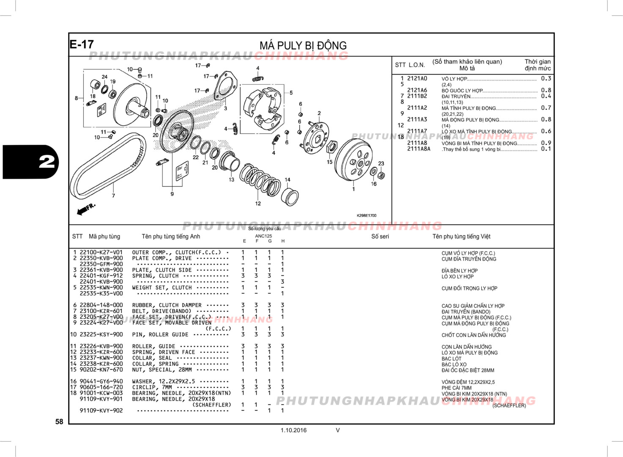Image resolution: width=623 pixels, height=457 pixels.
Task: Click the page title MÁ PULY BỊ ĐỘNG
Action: point(303,45)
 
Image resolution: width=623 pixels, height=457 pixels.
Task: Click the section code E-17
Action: point(82,44)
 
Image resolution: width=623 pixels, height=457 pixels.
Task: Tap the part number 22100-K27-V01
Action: point(101,253)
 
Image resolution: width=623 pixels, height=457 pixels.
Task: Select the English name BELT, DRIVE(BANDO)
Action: point(162,311)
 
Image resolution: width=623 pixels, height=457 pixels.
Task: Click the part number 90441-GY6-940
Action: point(101,381)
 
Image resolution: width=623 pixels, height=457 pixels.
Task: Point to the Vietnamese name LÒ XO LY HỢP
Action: point(457,277)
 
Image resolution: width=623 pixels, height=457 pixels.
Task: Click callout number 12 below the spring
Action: point(258,204)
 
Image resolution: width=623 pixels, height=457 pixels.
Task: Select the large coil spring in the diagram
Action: point(260,180)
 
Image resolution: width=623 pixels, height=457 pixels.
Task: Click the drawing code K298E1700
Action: point(366,215)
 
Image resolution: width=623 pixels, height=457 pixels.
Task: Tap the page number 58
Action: point(59,421)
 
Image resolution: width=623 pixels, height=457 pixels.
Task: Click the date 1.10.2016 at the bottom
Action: point(294,430)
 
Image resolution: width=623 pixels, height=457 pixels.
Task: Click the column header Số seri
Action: point(380,237)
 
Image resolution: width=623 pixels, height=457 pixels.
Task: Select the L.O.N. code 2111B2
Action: point(417,96)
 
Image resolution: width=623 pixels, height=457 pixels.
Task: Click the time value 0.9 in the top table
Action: point(546,143)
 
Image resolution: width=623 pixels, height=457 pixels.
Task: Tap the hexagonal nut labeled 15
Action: point(332,147)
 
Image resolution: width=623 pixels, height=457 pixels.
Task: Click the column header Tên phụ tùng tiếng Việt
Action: point(461,237)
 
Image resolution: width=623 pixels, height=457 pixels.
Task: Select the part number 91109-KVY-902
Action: point(101,410)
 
